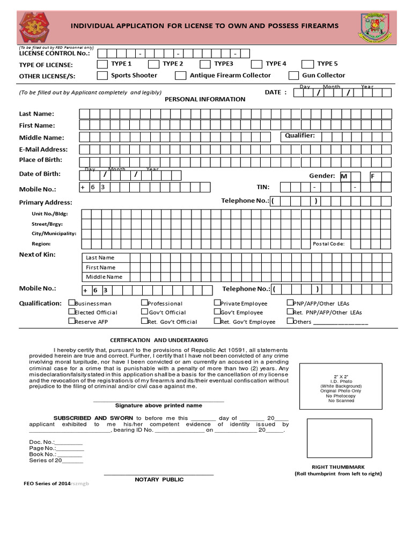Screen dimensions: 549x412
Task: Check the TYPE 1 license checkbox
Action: pyautogui.click(x=102, y=64)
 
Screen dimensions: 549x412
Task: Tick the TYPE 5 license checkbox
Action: pyautogui.click(x=307, y=64)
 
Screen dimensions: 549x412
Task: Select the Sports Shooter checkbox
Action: pyautogui.click(x=102, y=76)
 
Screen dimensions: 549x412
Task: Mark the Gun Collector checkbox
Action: pyautogui.click(x=293, y=76)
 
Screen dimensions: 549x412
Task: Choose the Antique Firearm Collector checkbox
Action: pyautogui.click(x=181, y=76)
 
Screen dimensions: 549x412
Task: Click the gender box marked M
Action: pyautogui.click(x=346, y=176)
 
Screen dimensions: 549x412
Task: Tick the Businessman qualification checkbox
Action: pyautogui.click(x=71, y=303)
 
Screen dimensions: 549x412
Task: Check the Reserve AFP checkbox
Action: pyautogui.click(x=71, y=321)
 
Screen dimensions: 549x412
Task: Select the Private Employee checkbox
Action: pyautogui.click(x=217, y=303)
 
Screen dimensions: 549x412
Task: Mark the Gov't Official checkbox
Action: pyautogui.click(x=144, y=311)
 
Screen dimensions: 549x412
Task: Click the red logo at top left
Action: pyautogui.click(x=36, y=27)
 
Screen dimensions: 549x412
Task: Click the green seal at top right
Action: pyautogui.click(x=375, y=27)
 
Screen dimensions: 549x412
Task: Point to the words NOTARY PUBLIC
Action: pyautogui.click(x=159, y=479)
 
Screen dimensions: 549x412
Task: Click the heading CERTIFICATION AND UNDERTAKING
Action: pyautogui.click(x=159, y=340)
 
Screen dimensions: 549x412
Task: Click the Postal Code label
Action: pyautogui.click(x=328, y=244)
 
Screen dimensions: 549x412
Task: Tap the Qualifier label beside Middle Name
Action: pyautogui.click(x=300, y=136)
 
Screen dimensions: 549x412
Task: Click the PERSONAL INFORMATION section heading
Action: pyautogui.click(x=205, y=99)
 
